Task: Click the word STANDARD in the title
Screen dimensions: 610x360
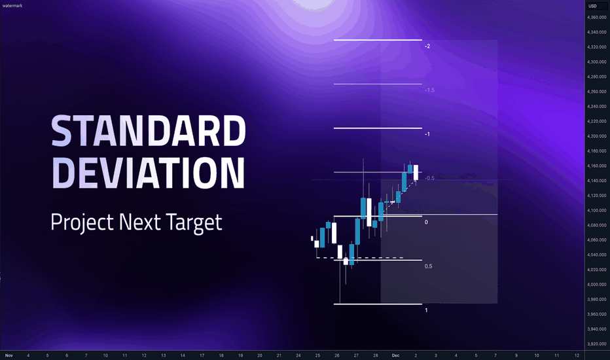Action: point(148,131)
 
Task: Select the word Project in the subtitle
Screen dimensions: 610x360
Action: point(82,223)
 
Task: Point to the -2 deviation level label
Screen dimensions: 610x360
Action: point(427,46)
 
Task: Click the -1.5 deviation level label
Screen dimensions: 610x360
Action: point(429,90)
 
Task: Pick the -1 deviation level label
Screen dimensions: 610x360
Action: point(427,134)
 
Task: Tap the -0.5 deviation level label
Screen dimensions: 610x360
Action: point(429,178)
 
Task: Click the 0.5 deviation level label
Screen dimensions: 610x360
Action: point(428,266)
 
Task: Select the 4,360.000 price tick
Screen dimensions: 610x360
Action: point(597,17)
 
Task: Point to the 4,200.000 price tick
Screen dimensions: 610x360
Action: point(597,136)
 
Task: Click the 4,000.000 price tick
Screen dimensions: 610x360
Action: point(597,285)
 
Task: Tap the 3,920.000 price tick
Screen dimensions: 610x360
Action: point(597,344)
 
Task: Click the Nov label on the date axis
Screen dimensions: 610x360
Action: point(9,355)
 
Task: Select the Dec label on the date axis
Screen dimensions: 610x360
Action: point(395,355)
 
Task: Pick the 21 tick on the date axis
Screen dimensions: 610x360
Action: point(279,355)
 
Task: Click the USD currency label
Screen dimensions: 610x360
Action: point(592,6)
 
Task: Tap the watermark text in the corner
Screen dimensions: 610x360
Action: point(12,6)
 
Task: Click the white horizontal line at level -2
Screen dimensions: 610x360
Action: point(378,40)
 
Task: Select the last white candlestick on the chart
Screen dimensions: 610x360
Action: point(416,172)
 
